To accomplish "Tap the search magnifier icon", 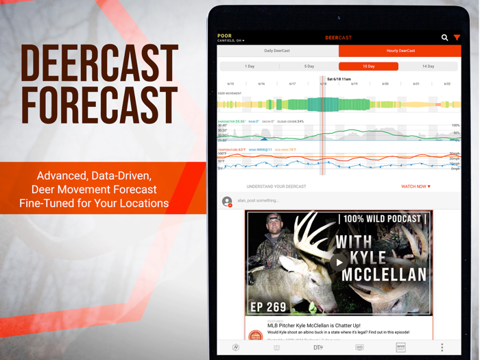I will (x=444, y=38).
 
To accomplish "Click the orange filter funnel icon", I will (x=457, y=38).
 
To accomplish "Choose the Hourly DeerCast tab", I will (x=400, y=51).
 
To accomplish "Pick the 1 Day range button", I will (x=250, y=67).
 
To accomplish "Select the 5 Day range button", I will (x=309, y=67).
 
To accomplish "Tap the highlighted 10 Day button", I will (x=368, y=67).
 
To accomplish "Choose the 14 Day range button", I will (x=428, y=67).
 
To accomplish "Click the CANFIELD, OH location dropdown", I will (x=231, y=41).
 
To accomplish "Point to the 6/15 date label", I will (x=231, y=84).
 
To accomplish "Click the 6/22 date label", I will (x=447, y=84).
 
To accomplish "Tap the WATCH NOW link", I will (x=416, y=187).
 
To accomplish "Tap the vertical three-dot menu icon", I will (x=442, y=348).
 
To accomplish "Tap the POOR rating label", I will (x=224, y=36).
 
